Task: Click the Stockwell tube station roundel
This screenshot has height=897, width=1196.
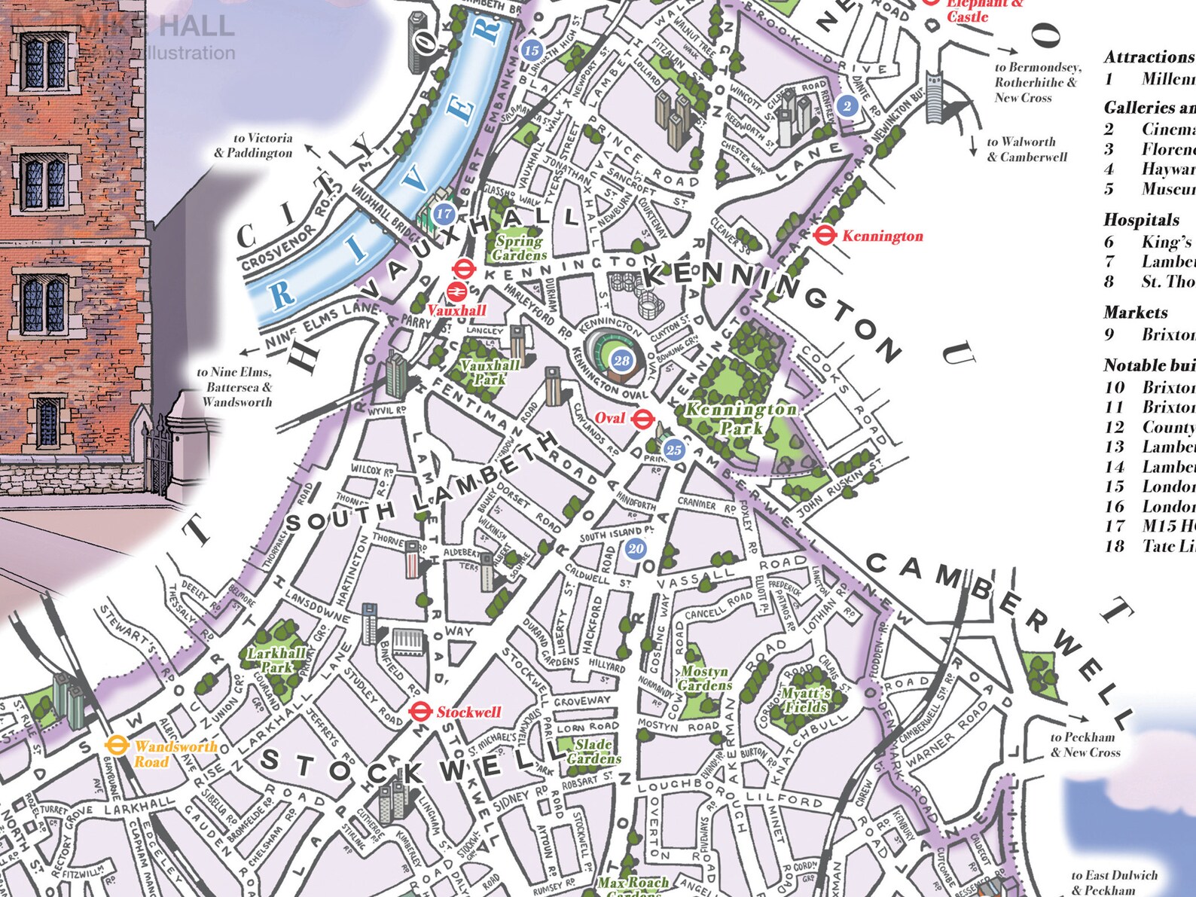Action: pyautogui.click(x=420, y=711)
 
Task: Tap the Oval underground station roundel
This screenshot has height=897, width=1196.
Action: pyautogui.click(x=642, y=419)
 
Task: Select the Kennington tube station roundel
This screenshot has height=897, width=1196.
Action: pyautogui.click(x=825, y=236)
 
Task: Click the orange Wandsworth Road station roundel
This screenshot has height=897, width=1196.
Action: pyautogui.click(x=115, y=746)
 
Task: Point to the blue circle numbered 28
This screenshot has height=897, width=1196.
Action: pyautogui.click(x=621, y=361)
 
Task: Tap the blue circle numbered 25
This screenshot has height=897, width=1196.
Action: pyautogui.click(x=673, y=450)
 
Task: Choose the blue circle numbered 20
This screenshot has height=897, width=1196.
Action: pyautogui.click(x=636, y=548)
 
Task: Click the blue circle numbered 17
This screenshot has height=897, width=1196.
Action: pyautogui.click(x=444, y=214)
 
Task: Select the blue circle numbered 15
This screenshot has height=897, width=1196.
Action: pyautogui.click(x=532, y=50)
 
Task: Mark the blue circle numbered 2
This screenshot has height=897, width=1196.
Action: pyautogui.click(x=847, y=106)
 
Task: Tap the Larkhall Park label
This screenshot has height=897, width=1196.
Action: pyautogui.click(x=276, y=660)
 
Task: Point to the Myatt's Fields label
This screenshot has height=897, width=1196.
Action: pyautogui.click(x=805, y=700)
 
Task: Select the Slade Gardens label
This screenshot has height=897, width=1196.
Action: pyautogui.click(x=593, y=751)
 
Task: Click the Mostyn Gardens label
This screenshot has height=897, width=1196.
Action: pyautogui.click(x=704, y=678)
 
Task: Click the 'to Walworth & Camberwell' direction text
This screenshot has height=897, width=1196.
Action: pyautogui.click(x=1027, y=149)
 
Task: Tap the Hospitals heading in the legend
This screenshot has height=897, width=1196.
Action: pyautogui.click(x=1141, y=220)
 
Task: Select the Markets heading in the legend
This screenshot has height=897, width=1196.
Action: pyautogui.click(x=1135, y=312)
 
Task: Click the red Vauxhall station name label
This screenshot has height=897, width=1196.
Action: pyautogui.click(x=456, y=310)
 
